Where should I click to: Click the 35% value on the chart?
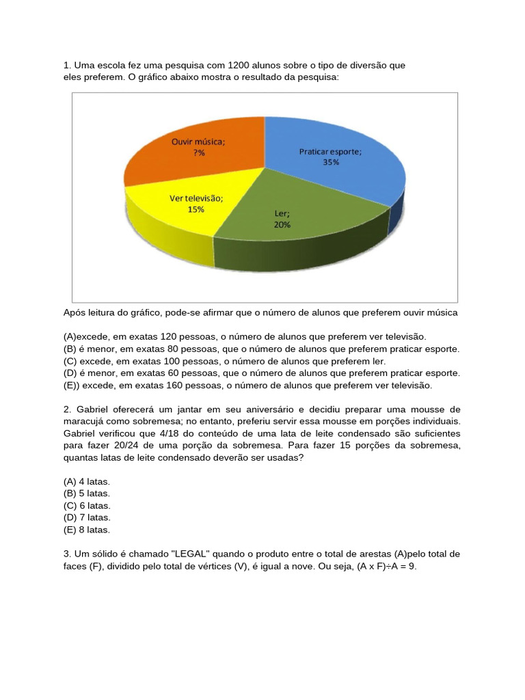pyautogui.click(x=331, y=162)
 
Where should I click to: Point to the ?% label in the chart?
pyautogui.click(x=198, y=153)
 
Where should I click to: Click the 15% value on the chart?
pyautogui.click(x=196, y=210)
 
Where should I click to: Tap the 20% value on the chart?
pyautogui.click(x=282, y=224)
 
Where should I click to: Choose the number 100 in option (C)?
pyautogui.click(x=176, y=361)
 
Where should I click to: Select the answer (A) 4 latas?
pyautogui.click(x=87, y=481)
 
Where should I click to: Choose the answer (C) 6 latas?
pyautogui.click(x=87, y=506)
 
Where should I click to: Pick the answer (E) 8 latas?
pyautogui.click(x=87, y=530)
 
